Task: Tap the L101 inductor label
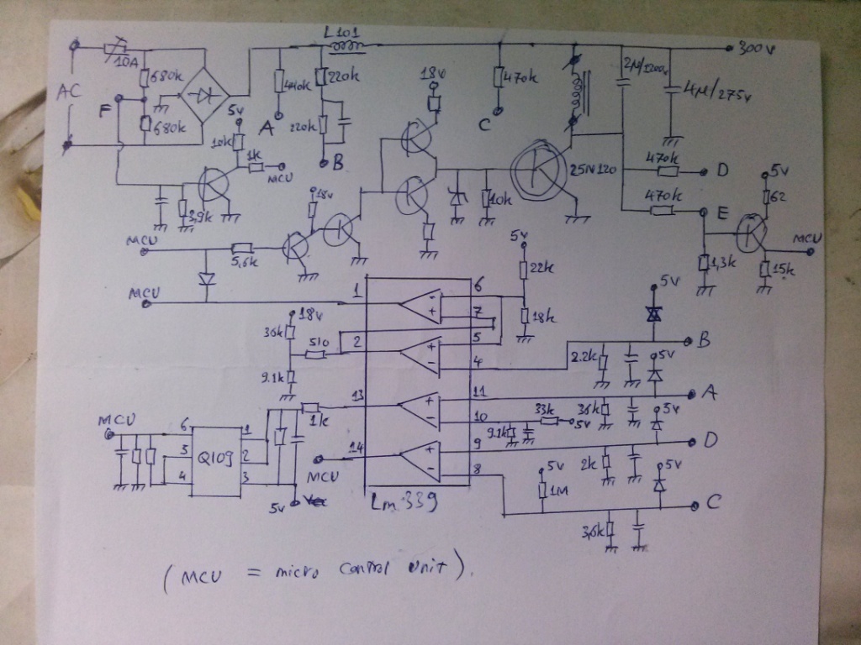tap(339, 32)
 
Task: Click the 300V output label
tap(755, 48)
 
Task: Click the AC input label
tap(69, 93)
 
